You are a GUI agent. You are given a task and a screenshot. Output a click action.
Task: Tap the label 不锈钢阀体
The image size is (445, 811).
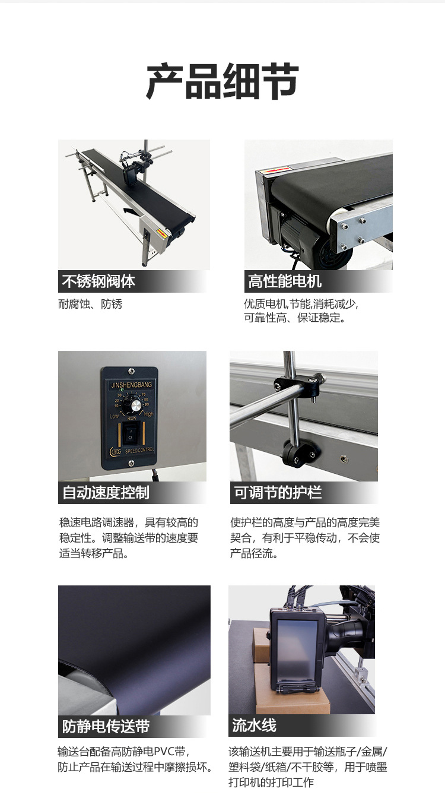click(x=98, y=281)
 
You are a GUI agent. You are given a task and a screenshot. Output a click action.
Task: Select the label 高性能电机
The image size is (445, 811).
click(x=285, y=281)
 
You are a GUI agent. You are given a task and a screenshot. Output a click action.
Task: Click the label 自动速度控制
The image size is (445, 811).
click(x=106, y=492)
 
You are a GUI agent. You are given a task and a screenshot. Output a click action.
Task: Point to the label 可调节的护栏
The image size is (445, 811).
click(x=278, y=492)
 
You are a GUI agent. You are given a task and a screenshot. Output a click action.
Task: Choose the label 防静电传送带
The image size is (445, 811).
click(x=106, y=726)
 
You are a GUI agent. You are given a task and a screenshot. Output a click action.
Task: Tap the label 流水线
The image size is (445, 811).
click(x=255, y=725)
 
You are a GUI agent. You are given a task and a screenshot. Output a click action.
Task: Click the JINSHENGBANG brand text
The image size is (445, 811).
click(x=131, y=385)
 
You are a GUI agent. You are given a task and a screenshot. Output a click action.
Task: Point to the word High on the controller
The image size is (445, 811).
click(x=148, y=414)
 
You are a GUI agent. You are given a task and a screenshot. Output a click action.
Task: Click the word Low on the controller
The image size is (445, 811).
click(x=115, y=416)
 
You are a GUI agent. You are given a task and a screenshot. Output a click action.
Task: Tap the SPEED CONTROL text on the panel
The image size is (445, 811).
click(x=139, y=451)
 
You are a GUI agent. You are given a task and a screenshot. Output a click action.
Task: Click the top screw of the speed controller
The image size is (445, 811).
click(x=131, y=370)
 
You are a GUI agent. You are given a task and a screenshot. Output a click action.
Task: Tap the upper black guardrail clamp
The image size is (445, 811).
click(x=300, y=385)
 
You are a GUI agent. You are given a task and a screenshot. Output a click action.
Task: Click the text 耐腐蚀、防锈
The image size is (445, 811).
click(x=90, y=304)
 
